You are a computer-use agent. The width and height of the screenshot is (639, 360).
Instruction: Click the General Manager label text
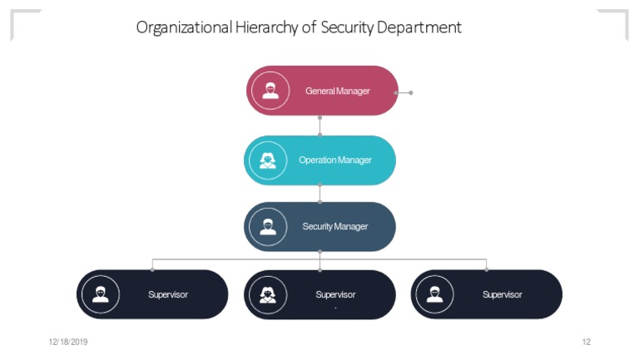point(337,91)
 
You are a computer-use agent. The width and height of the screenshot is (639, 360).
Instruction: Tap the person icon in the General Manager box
point(270,91)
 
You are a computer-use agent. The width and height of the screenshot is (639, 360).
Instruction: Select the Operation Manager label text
point(334,160)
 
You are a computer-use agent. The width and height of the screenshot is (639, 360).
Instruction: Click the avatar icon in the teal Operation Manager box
point(267,160)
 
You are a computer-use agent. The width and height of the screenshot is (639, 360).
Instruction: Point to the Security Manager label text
point(334,226)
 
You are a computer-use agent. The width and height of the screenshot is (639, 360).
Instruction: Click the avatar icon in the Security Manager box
point(267,226)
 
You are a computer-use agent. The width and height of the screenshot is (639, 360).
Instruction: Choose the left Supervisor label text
point(168,294)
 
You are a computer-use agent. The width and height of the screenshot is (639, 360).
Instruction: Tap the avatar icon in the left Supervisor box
point(101,294)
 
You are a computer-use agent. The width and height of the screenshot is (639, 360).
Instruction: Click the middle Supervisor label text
point(335,294)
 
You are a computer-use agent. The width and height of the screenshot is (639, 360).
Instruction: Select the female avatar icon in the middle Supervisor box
point(268,294)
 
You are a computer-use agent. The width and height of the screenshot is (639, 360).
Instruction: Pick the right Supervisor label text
point(503,294)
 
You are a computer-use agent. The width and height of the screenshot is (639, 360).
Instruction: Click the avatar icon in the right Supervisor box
point(434,294)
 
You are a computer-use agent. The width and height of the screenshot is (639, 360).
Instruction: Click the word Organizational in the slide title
point(183,27)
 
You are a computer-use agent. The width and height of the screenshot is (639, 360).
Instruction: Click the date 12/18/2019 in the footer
point(68,342)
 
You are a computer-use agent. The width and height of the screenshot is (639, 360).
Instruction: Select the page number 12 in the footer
point(586,342)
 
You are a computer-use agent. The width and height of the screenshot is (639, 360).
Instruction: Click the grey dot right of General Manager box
point(410,92)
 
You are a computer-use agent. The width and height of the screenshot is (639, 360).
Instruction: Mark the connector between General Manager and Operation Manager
point(319,126)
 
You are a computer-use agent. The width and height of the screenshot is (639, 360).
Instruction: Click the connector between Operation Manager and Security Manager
point(319,193)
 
